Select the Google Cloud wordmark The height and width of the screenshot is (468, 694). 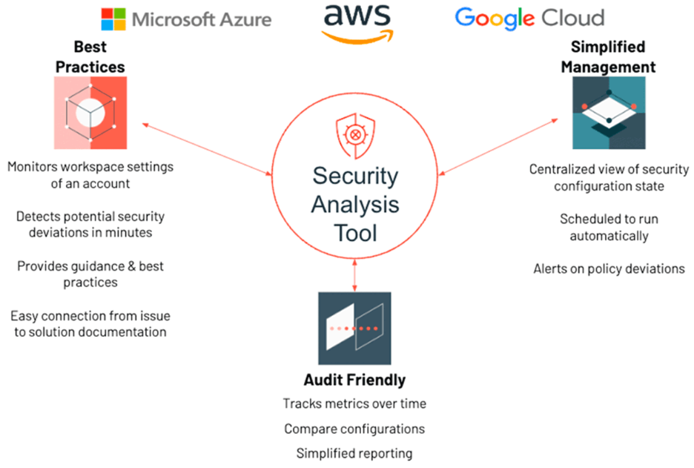[x=529, y=17]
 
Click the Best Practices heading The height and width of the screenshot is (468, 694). [x=90, y=56]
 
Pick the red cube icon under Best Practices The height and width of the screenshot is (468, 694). [x=90, y=113]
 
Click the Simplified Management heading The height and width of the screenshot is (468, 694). [x=608, y=56]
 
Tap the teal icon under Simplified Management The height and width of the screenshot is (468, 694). [x=609, y=113]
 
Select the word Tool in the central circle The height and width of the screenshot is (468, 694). [x=355, y=232]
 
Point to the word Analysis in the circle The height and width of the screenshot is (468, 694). [x=355, y=204]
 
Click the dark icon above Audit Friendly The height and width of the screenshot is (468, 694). [x=354, y=328]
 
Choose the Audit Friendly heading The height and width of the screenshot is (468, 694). [x=354, y=380]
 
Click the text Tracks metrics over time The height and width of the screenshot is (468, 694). [x=354, y=404]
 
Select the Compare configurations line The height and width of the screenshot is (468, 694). [x=354, y=429]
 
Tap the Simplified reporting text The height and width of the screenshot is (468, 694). [x=354, y=453]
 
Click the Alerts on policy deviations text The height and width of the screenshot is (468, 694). [x=609, y=268]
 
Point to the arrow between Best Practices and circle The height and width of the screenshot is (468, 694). [x=208, y=151]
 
